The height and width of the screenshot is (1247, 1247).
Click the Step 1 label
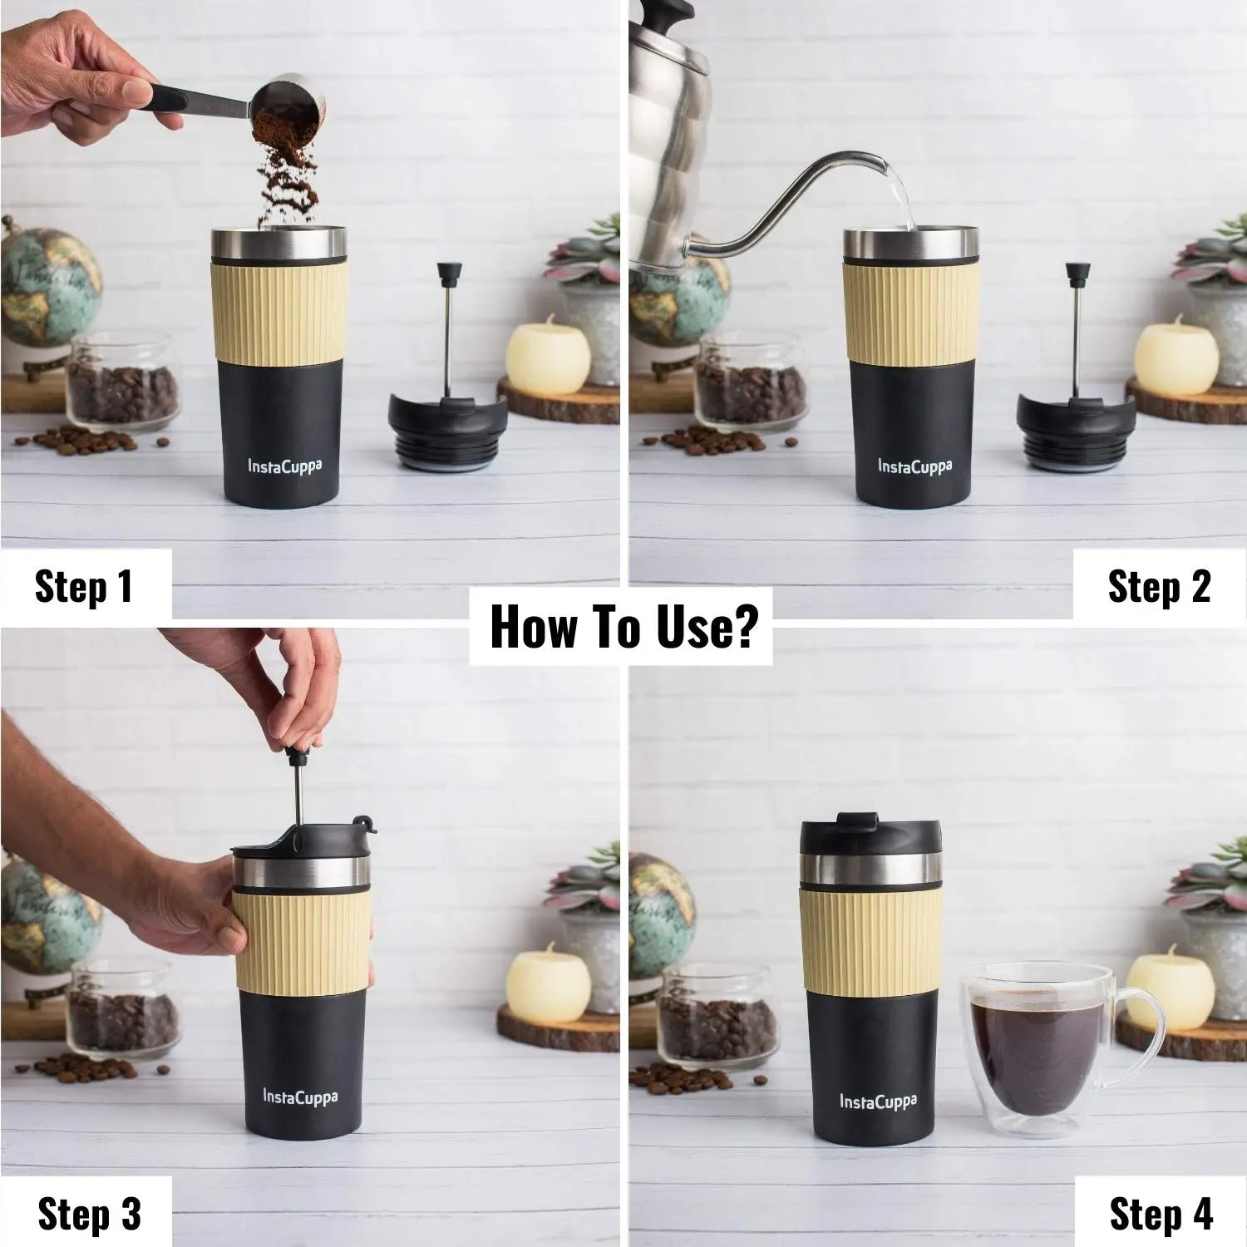(x=84, y=586)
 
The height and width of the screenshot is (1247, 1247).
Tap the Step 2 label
(x=1159, y=586)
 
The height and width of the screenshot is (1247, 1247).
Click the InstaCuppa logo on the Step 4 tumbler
(x=878, y=1102)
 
